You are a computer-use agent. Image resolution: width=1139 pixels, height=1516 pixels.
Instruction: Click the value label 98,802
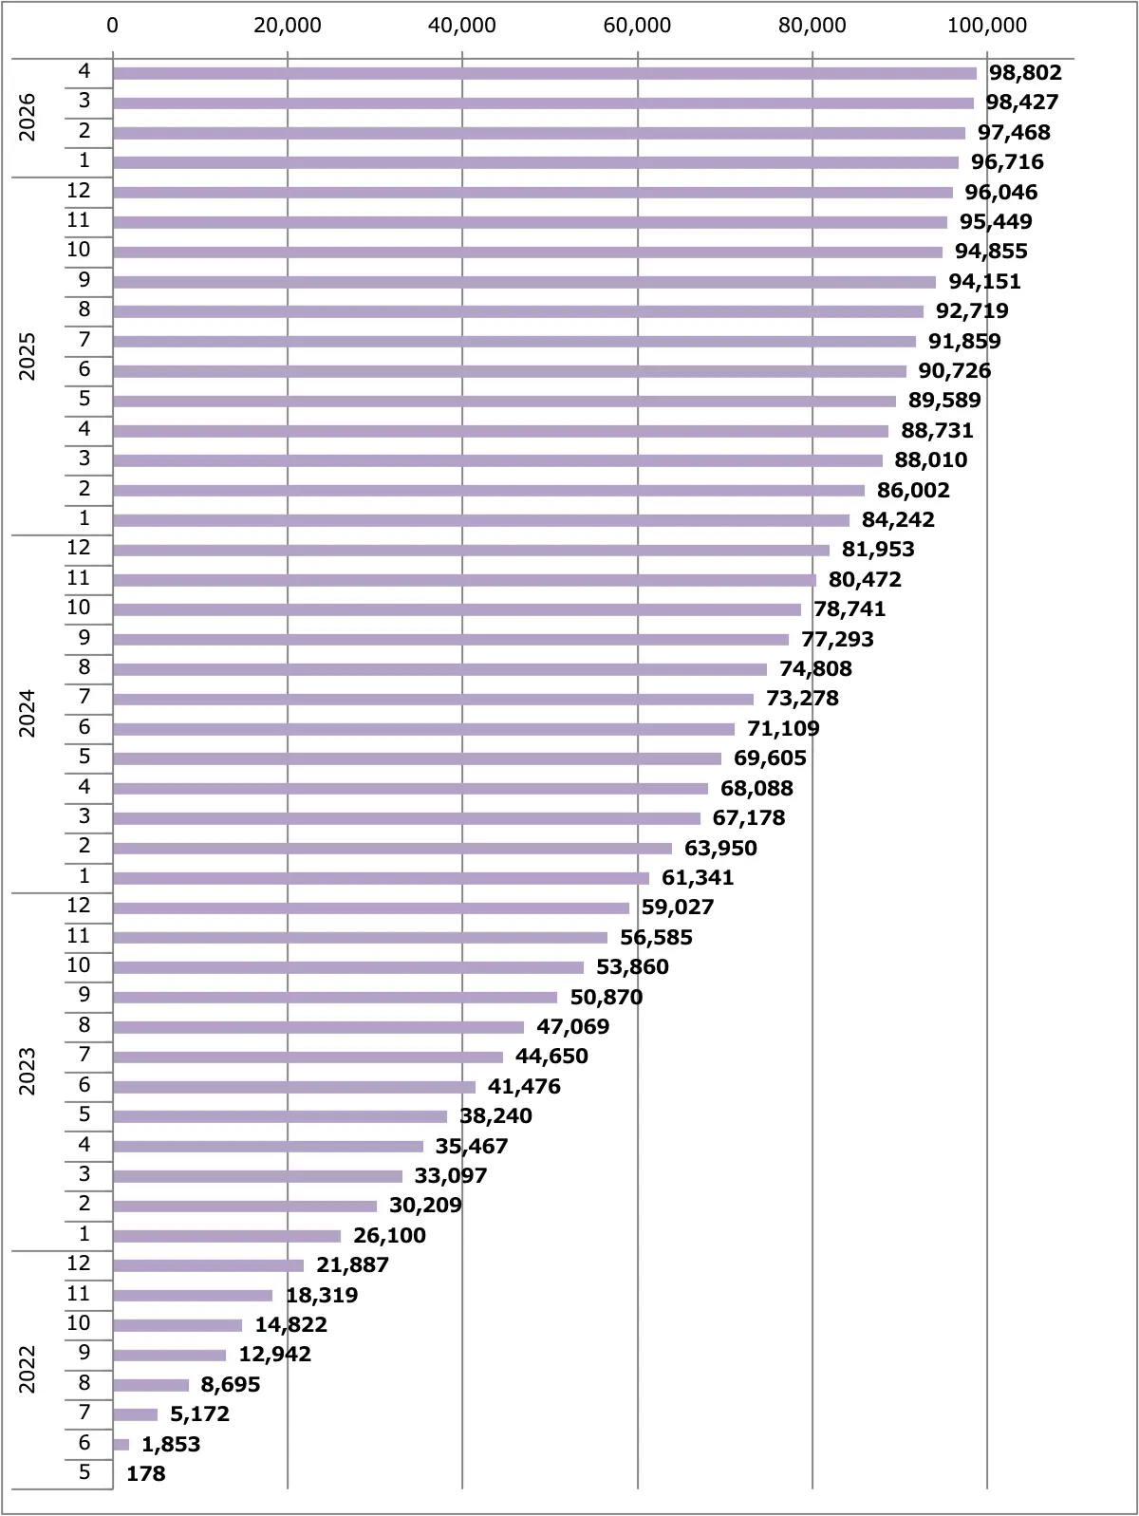tap(1025, 72)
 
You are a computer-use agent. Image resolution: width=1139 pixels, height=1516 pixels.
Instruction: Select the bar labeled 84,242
tap(481, 520)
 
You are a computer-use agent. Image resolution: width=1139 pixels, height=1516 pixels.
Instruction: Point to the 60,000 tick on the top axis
tap(637, 26)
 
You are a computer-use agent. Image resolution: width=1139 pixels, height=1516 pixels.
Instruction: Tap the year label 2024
tap(27, 714)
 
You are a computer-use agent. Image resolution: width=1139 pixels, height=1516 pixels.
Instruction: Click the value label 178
tap(145, 1473)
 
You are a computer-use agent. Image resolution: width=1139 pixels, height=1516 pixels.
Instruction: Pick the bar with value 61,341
tap(381, 878)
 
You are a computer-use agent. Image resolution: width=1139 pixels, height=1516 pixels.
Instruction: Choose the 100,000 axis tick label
tap(987, 26)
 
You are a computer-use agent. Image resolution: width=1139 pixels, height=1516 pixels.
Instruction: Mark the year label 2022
tap(27, 1369)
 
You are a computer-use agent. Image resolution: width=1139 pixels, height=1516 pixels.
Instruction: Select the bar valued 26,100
tap(227, 1236)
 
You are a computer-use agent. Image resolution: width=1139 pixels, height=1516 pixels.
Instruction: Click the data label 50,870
tap(607, 997)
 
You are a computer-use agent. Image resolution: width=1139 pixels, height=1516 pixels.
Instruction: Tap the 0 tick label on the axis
tap(113, 26)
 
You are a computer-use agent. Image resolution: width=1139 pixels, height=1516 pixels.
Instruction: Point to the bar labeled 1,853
tap(121, 1444)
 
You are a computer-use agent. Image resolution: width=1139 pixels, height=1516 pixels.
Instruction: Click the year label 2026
tap(27, 118)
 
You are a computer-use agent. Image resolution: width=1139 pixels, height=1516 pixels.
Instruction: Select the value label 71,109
tap(783, 728)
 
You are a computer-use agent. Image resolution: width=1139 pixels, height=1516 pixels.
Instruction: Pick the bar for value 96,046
tap(532, 192)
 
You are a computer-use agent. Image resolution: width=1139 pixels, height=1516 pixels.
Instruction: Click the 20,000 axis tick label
tap(288, 26)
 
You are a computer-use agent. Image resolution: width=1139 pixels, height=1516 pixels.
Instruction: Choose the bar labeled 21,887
tap(209, 1265)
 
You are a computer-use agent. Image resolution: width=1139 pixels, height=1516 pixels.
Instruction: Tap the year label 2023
tap(27, 1071)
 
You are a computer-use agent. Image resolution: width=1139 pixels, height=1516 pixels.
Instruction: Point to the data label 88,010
tap(931, 459)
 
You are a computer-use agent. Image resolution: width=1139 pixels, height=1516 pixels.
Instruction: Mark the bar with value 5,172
tap(136, 1413)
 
